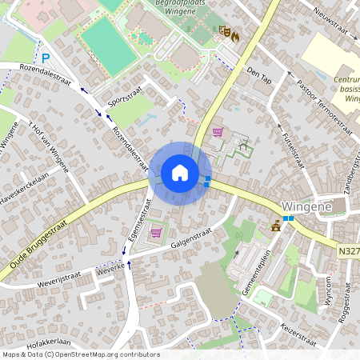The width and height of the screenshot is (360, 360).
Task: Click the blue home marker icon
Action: point(180,173)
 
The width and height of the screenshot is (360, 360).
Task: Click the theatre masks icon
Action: point(224,31)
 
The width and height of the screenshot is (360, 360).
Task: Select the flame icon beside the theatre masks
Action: point(235,35)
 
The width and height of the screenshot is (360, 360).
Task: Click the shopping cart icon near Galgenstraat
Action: point(156,232)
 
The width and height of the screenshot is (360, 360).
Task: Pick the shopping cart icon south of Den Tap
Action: point(218,132)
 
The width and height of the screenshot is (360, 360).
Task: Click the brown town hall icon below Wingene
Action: point(276,225)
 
